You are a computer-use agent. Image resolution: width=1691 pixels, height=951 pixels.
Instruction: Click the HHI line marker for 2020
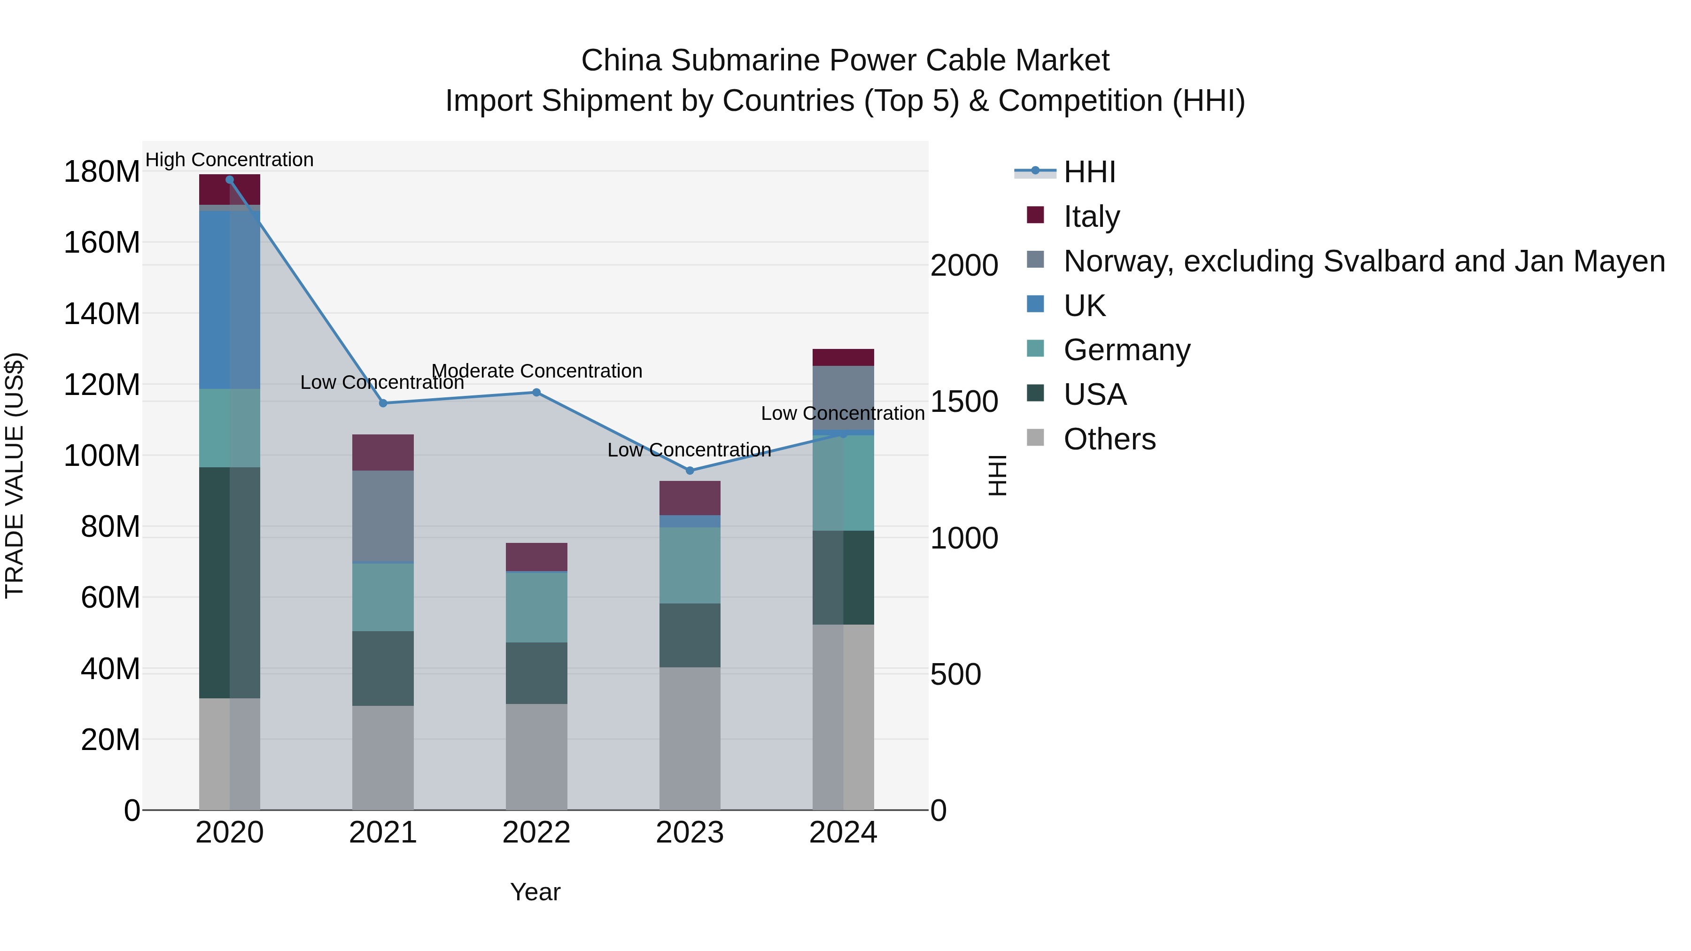[x=229, y=179]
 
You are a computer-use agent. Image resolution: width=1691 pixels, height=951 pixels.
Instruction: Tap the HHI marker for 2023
[x=689, y=471]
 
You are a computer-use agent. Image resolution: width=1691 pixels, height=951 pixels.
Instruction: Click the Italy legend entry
[x=1091, y=216]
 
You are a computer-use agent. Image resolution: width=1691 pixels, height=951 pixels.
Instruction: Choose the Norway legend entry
[x=1364, y=261]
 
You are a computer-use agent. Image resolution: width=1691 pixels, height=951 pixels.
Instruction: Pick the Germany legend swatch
[x=1035, y=348]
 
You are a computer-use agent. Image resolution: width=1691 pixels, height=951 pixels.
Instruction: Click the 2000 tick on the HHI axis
[x=964, y=265]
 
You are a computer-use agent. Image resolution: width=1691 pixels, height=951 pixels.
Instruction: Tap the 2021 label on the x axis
[x=383, y=833]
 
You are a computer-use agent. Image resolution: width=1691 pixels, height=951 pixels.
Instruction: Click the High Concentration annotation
[x=229, y=160]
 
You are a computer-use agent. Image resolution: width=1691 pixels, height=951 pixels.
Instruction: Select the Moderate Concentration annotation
[x=536, y=371]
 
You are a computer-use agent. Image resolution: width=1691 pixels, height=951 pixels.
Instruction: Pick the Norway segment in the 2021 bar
[x=383, y=516]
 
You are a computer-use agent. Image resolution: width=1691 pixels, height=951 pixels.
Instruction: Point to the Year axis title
[x=535, y=892]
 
